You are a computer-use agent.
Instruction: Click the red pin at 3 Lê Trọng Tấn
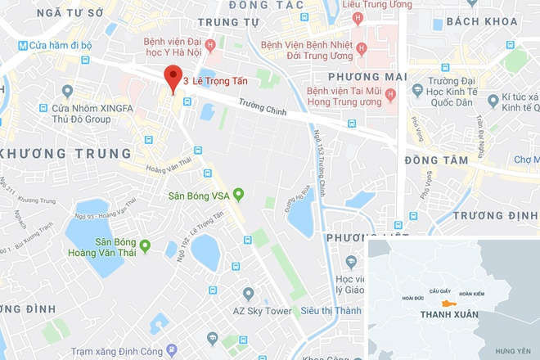[x=172, y=78]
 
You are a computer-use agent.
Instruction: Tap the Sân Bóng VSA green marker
[x=238, y=195]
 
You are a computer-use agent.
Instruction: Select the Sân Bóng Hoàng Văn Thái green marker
[x=145, y=245]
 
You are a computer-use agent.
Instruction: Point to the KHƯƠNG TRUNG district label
[x=65, y=154]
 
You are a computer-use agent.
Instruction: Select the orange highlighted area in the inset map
[x=448, y=304]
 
